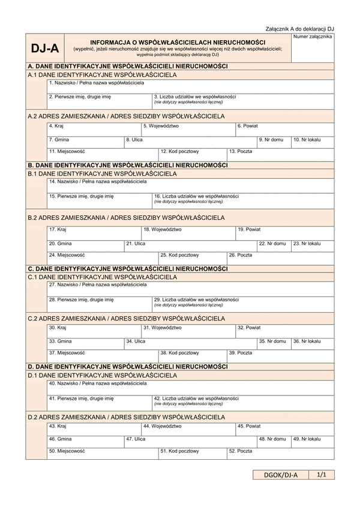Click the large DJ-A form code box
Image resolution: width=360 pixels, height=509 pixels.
tap(44, 49)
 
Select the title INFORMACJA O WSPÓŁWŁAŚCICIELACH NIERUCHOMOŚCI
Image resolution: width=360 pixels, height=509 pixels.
tap(178, 43)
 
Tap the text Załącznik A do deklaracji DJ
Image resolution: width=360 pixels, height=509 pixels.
tap(299, 29)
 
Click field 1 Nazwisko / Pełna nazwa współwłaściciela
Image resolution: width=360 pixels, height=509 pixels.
tap(190, 86)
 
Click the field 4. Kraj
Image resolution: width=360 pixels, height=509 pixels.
tap(94, 130)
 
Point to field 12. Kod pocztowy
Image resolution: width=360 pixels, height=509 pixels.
tap(193, 155)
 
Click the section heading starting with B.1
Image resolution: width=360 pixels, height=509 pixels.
tap(103, 173)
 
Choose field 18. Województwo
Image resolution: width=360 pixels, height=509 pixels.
tap(188, 233)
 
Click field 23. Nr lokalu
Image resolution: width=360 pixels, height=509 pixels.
tap(313, 246)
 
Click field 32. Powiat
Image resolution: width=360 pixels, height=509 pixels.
tap(284, 331)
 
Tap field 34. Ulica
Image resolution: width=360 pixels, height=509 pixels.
tap(190, 345)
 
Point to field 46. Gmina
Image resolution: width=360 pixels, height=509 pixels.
tap(85, 442)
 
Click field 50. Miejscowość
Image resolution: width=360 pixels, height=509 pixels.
tap(103, 454)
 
